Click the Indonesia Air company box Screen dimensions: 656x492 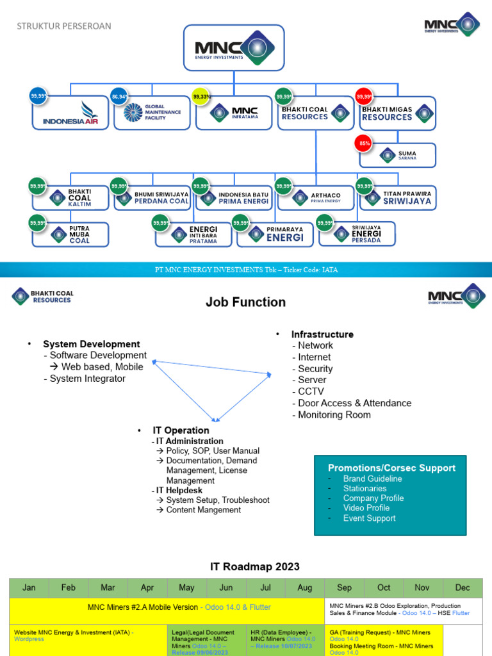tap(70, 113)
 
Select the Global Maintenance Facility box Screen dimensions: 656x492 tap(152, 113)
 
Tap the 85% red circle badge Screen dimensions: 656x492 tap(365, 143)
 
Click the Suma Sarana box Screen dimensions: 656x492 tap(397, 155)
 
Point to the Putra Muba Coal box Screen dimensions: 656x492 tap(70, 234)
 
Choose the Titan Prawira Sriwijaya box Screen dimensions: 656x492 tap(397, 197)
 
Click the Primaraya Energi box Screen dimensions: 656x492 tap(275, 234)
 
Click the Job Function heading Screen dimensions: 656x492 tap(245, 302)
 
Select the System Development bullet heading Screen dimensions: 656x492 tap(91, 344)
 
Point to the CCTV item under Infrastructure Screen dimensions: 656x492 tap(311, 391)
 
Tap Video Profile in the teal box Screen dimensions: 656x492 tap(366, 508)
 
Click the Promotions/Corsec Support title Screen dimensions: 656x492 tap(391, 468)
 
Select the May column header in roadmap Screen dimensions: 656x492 tap(186, 587)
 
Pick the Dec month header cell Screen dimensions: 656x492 tap(462, 587)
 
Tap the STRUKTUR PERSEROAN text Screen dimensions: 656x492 tap(63, 26)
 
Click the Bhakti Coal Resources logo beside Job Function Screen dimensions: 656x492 tap(43, 297)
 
